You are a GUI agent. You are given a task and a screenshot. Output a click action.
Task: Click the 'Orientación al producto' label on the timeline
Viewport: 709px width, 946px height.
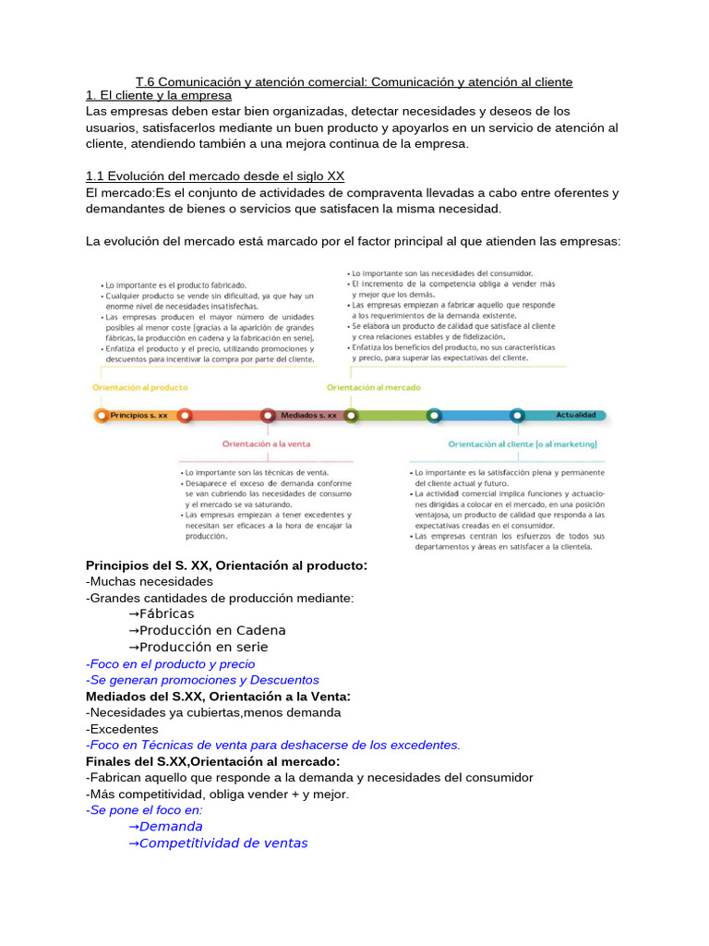click(140, 387)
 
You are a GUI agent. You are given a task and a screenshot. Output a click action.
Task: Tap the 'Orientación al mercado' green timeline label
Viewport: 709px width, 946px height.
click(374, 387)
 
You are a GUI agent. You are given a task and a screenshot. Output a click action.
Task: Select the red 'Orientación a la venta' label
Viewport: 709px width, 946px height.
click(266, 443)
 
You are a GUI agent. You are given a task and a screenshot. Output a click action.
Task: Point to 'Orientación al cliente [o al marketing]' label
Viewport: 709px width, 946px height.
click(523, 443)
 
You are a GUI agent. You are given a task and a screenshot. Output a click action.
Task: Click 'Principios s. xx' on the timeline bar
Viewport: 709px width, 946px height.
click(138, 416)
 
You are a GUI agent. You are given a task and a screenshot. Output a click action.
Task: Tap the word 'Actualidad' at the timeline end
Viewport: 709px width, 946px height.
click(577, 416)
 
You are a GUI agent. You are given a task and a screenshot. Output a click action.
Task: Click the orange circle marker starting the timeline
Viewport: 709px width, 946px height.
click(101, 416)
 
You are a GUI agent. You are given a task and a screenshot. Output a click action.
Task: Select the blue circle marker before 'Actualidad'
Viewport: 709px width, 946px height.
click(517, 416)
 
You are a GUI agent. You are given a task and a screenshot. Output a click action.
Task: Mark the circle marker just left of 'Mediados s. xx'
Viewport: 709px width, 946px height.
click(268, 416)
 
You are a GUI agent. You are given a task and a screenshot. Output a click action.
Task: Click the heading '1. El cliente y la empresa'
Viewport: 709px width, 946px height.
click(159, 95)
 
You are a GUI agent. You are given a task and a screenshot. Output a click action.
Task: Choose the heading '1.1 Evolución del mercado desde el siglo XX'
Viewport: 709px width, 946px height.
click(214, 176)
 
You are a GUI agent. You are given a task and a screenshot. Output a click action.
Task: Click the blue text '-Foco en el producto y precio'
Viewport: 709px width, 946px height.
click(170, 663)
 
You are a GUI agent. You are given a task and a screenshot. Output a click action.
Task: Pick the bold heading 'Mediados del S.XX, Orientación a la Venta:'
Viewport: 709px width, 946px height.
click(218, 696)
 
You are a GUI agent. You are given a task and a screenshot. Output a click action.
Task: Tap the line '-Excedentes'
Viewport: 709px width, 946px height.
click(123, 729)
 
